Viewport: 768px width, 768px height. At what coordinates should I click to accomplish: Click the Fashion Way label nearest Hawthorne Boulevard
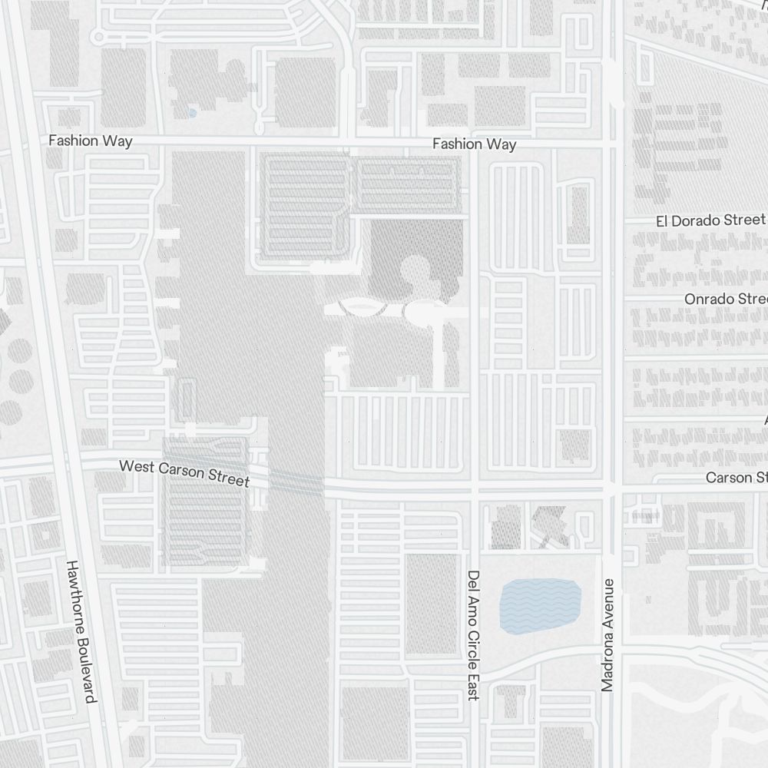[90, 141]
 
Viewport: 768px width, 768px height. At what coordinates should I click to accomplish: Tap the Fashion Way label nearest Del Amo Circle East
[474, 144]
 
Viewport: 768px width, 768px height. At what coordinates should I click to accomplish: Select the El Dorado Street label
[710, 220]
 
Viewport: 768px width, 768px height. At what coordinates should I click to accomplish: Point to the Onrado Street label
[726, 298]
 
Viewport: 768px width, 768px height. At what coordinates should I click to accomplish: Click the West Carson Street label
[184, 472]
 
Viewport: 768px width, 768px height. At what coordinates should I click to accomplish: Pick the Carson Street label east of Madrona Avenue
[736, 478]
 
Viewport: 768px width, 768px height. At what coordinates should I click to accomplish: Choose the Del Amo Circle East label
[473, 634]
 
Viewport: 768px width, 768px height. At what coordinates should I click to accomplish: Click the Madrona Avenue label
[608, 634]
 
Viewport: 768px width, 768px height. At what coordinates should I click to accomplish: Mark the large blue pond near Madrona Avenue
[540, 606]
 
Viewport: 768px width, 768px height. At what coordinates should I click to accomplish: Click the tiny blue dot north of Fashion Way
[192, 113]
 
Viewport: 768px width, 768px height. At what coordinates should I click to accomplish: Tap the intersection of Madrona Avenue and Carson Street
[611, 488]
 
